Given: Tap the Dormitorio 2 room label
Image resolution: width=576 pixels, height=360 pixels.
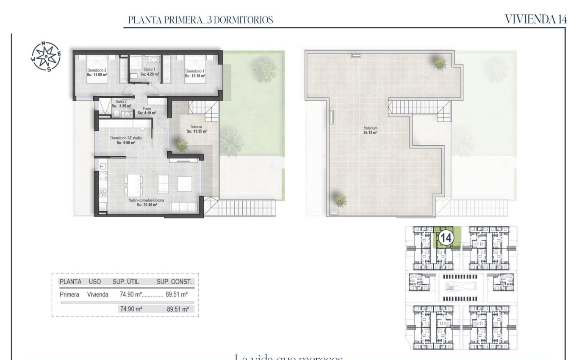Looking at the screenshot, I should point(97,69).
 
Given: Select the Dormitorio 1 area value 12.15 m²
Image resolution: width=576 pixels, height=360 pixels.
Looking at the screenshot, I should point(195,76).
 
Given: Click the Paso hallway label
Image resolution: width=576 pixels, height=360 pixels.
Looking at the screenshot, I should point(147,108).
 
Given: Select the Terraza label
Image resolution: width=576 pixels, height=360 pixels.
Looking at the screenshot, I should point(196,127).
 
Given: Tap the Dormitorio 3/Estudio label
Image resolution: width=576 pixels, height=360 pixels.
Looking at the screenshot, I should point(126,138).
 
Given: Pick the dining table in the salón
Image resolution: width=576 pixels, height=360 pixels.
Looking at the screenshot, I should point(134,185).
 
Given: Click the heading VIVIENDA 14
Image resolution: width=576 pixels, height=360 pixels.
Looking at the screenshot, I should point(536,19).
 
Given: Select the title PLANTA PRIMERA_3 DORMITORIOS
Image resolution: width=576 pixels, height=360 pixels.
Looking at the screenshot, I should point(201,19).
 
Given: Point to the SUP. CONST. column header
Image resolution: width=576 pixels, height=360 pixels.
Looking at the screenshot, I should point(174,282).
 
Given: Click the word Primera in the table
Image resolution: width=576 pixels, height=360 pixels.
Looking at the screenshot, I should point(69,294).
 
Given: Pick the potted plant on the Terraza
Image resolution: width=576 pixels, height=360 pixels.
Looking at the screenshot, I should point(182,146).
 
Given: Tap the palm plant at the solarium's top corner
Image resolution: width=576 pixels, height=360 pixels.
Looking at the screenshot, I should point(440,63).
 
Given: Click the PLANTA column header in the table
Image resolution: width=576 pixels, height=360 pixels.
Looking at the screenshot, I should point(70,282).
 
